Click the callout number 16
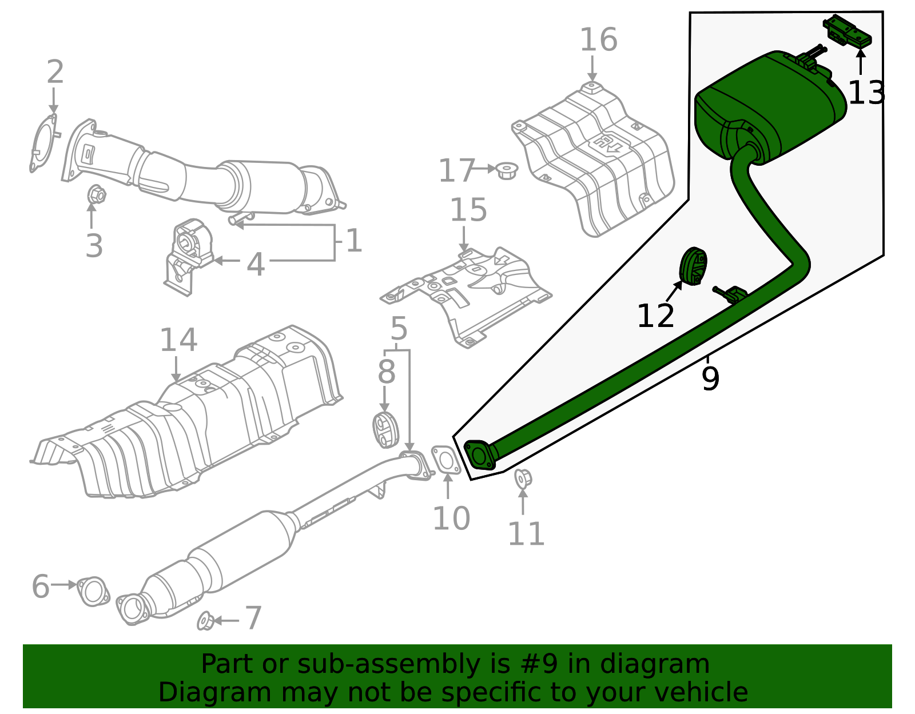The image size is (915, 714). click(x=598, y=41)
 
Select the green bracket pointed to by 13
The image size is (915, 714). click(x=848, y=32)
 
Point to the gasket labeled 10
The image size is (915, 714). click(x=446, y=461)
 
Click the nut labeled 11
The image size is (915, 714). click(x=523, y=478)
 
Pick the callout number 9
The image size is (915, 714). click(x=710, y=379)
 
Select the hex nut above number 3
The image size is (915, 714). click(x=96, y=195)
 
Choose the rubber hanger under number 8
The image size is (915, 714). click(x=385, y=429)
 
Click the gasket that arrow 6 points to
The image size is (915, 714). click(x=93, y=591)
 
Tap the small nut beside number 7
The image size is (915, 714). click(x=205, y=621)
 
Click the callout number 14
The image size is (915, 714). click(x=178, y=341)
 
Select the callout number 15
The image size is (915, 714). click(x=468, y=210)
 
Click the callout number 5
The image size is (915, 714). click(x=399, y=329)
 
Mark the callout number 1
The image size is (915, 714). click(x=354, y=241)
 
